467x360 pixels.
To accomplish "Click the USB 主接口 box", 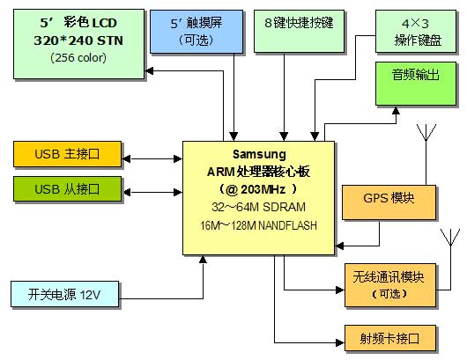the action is point(68,154).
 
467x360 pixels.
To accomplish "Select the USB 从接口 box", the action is point(68,189).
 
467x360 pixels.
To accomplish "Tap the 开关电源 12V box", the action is point(64,294).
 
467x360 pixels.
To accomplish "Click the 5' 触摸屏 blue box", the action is point(196,32).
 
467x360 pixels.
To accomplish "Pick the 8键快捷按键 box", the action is point(299,31).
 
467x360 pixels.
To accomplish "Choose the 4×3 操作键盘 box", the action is point(416,31).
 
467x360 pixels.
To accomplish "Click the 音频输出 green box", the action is point(416,84).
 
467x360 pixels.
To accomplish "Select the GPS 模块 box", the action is point(389,202).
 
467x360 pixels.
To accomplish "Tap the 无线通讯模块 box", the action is point(390,285).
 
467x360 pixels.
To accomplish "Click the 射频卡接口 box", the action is point(390,338).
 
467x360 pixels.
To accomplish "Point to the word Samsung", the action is point(259,154).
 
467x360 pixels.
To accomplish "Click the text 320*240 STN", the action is point(78,40).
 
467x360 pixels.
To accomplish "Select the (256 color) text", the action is point(78,57).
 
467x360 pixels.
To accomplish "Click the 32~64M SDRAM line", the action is point(258,207).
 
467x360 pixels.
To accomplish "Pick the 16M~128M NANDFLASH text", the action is point(258,225).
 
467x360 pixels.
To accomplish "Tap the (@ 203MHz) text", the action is point(258,189).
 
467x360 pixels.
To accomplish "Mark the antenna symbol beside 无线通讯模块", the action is point(450,238).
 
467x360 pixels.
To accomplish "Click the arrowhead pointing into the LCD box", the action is point(149,70).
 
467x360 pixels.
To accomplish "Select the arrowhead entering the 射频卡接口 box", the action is point(340,342).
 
